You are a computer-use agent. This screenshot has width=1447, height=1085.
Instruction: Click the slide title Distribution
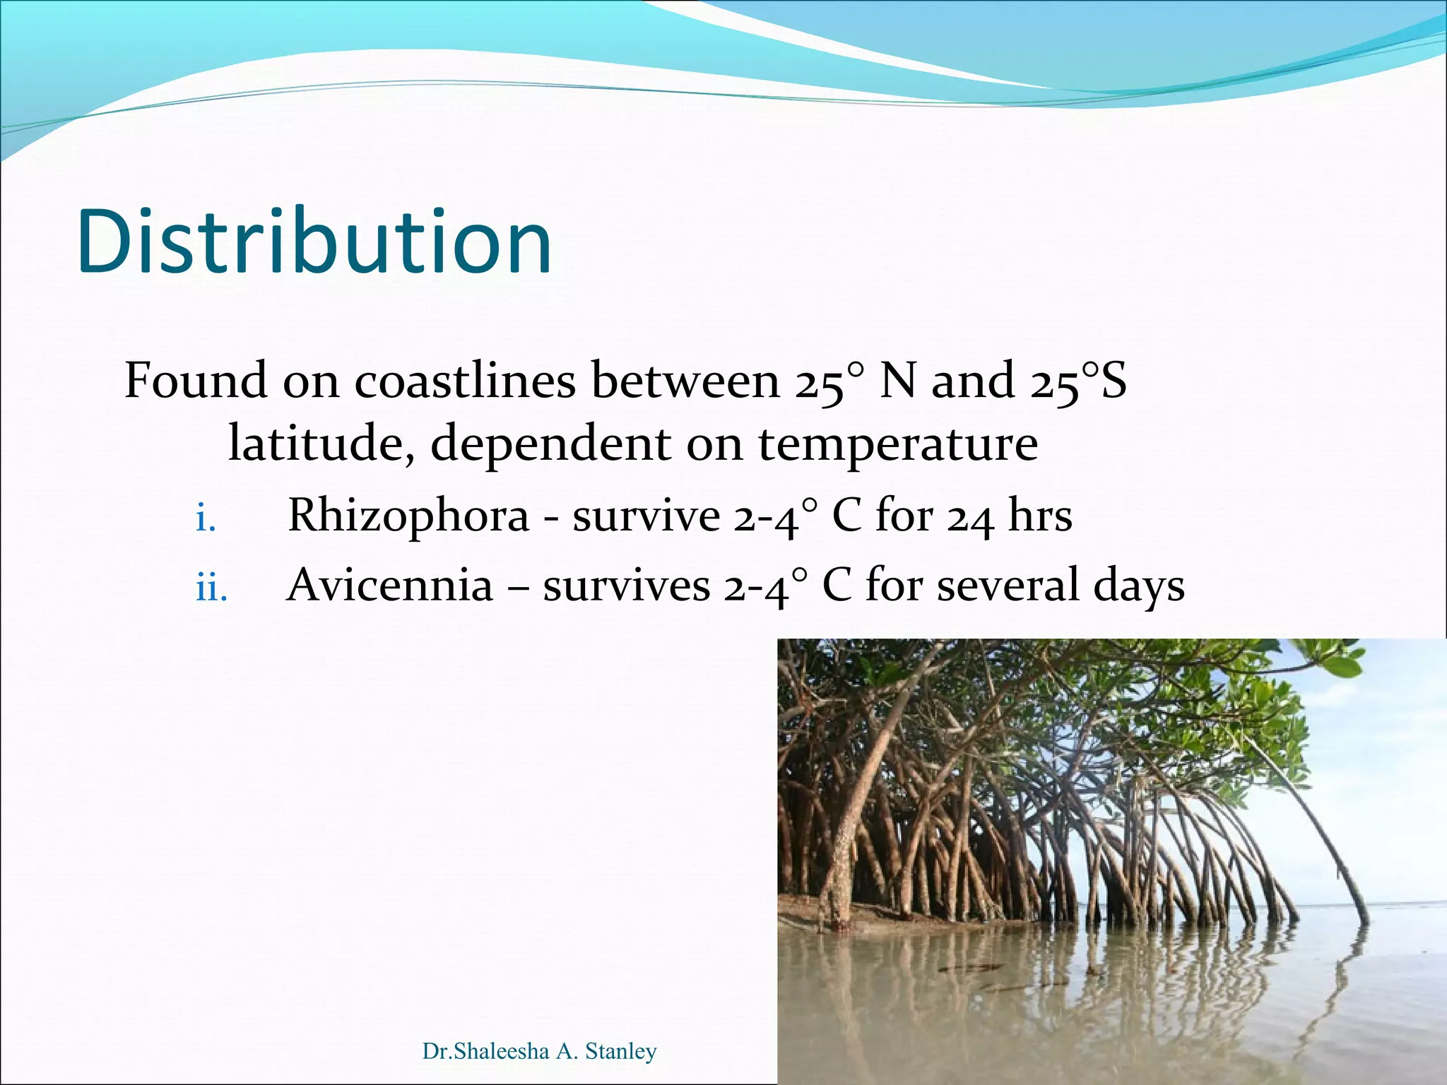point(314,242)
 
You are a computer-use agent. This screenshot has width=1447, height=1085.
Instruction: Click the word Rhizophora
point(408,516)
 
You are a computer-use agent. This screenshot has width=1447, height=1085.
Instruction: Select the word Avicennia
point(389,586)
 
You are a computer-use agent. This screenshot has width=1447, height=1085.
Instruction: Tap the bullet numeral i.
point(205,521)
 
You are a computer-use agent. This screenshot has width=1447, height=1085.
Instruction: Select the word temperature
point(898,445)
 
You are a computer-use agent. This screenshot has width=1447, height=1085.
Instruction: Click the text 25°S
point(1077,381)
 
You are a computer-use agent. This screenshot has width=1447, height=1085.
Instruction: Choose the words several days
point(1061,586)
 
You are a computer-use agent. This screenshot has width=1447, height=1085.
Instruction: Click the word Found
point(196,381)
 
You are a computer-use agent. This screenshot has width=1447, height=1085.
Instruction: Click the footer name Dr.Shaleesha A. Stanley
point(539,1051)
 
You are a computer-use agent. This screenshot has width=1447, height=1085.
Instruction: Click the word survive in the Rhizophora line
point(646,516)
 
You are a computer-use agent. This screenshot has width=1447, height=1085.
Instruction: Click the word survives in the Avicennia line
point(626,586)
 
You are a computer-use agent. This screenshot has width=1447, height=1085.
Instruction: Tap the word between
point(685,381)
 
